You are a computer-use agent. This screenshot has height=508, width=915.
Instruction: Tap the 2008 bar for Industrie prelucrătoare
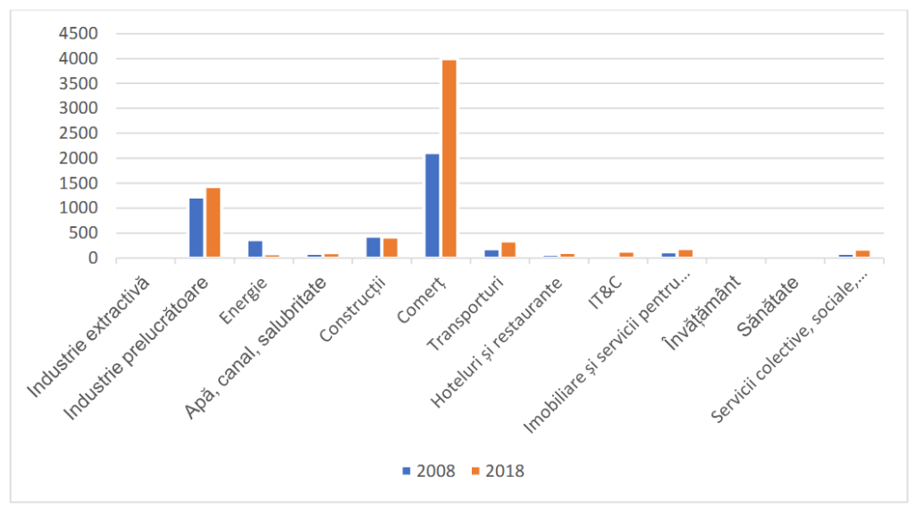[196, 228]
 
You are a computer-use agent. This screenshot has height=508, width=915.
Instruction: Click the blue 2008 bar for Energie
[256, 249]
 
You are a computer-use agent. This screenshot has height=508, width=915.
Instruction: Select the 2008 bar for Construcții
[374, 248]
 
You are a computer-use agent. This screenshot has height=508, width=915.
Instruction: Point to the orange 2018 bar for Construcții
[390, 248]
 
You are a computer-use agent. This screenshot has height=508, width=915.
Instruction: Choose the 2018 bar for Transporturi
[508, 250]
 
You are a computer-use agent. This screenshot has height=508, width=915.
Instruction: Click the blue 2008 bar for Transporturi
[491, 254]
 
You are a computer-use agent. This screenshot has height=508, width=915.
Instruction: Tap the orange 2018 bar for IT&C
[626, 255]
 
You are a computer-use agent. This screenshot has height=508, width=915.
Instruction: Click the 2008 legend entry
[429, 470]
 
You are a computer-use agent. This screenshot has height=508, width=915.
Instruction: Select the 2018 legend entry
[498, 470]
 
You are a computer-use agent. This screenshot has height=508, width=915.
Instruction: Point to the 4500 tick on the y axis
[77, 33]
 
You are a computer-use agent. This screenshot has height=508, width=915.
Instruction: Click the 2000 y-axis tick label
[77, 158]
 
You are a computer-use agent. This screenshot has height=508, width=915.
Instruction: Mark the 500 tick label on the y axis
[82, 233]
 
